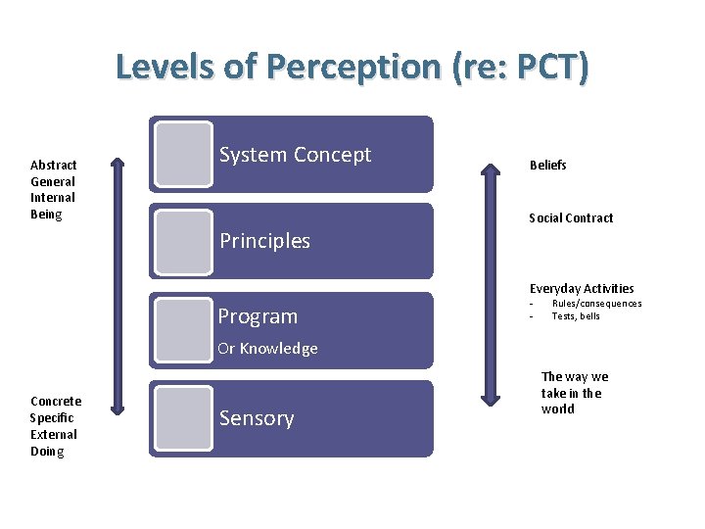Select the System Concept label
click(x=295, y=155)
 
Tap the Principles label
click(x=264, y=241)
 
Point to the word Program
click(x=258, y=316)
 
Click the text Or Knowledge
click(x=267, y=349)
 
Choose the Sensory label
click(x=257, y=418)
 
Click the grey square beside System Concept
click(x=183, y=154)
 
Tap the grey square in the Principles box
click(x=183, y=241)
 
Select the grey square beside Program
click(x=183, y=327)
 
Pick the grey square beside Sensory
click(x=183, y=418)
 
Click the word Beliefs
click(x=547, y=166)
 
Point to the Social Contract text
click(x=571, y=218)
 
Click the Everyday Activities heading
click(x=582, y=289)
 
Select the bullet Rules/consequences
click(x=596, y=304)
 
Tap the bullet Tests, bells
click(x=576, y=316)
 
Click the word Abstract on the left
click(x=54, y=166)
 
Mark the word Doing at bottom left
click(x=47, y=452)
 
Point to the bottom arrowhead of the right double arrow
click(x=490, y=398)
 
